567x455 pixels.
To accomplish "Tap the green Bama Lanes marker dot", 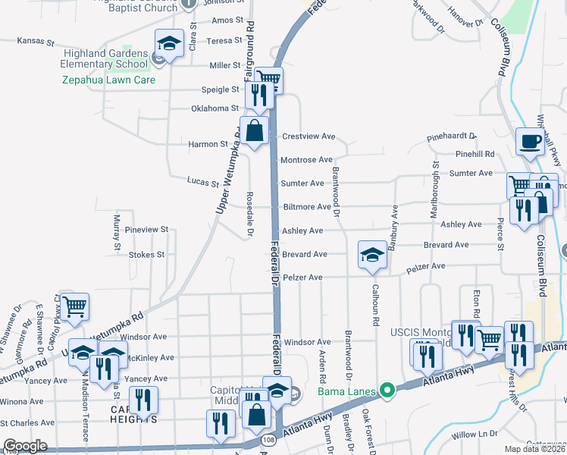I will click(x=387, y=391).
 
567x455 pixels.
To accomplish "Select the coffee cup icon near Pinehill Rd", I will click(x=530, y=141).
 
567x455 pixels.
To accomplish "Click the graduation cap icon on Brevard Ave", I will click(x=372, y=256).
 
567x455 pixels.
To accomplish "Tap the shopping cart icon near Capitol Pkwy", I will click(x=74, y=307).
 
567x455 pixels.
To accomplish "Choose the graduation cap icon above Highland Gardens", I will click(x=170, y=42).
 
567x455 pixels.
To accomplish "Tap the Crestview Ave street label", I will click(x=308, y=136).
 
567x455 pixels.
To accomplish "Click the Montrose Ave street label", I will click(x=306, y=160).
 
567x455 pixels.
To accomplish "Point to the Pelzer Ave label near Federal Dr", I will click(x=303, y=278).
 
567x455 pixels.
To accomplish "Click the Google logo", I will click(x=25, y=446).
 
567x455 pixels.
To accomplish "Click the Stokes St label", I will click(x=146, y=255).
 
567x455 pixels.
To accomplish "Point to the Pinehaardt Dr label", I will click(x=451, y=136).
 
